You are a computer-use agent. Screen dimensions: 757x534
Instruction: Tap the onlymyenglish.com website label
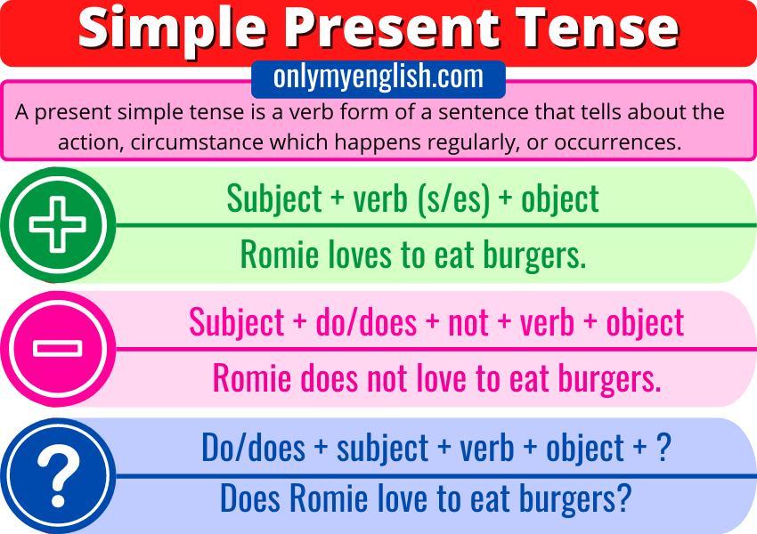378,77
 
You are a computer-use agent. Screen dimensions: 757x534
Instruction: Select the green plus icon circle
58,225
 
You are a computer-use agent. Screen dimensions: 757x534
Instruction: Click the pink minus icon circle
58,349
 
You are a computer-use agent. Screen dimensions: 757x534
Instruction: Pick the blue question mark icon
58,476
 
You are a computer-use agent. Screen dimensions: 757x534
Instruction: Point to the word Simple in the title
173,29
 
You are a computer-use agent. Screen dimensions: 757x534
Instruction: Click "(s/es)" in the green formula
453,199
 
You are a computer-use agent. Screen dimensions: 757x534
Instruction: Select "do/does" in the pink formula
366,322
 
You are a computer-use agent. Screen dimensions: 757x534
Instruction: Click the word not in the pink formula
468,323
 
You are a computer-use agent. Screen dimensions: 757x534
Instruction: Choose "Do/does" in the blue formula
254,448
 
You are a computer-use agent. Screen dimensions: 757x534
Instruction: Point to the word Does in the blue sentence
249,498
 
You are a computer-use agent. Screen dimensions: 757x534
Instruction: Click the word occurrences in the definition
618,142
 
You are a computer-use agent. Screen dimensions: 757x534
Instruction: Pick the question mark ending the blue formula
663,448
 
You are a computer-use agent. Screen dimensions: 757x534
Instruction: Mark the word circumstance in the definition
197,142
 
